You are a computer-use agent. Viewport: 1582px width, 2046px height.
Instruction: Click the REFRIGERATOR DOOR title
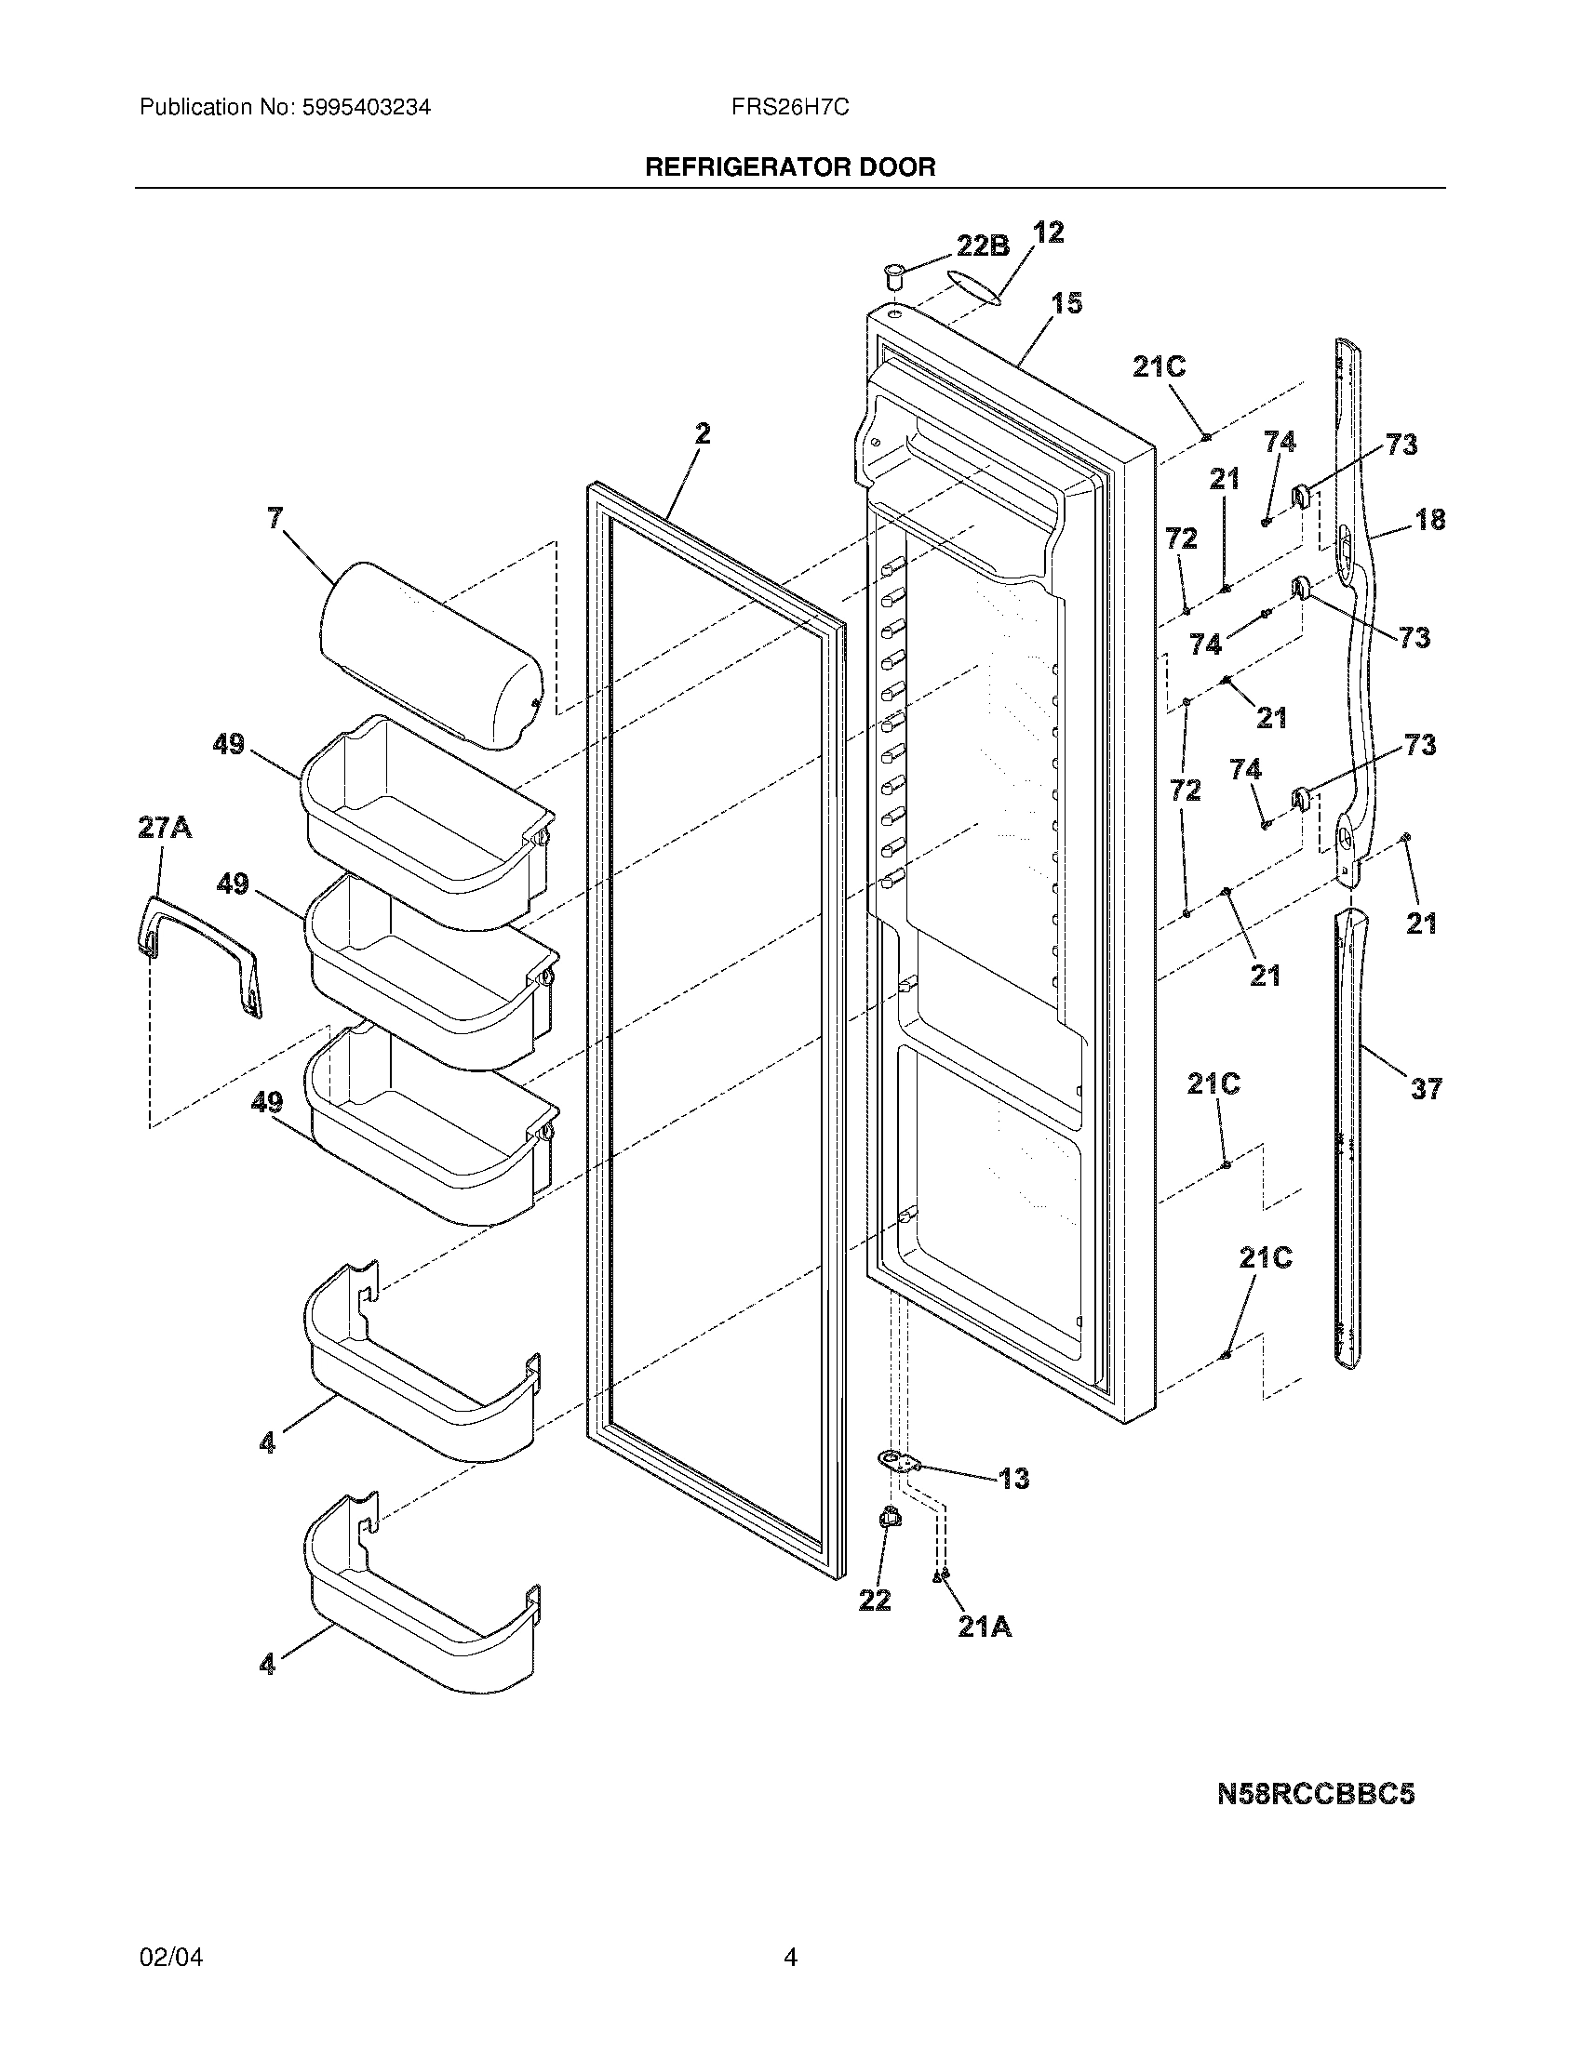click(x=790, y=167)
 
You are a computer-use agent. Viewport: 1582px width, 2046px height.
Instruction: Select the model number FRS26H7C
click(x=790, y=108)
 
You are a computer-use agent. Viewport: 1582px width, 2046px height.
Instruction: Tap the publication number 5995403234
click(x=366, y=108)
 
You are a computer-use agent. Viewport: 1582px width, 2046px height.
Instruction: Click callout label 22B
click(x=982, y=246)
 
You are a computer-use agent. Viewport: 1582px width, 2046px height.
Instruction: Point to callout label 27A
click(x=165, y=827)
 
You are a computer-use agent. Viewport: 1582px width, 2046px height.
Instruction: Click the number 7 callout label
click(x=275, y=518)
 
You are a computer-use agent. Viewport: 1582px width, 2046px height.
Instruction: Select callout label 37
click(x=1426, y=1089)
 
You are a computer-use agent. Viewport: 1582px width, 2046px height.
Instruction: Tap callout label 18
click(x=1430, y=519)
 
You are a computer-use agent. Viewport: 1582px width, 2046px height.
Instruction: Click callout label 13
click(x=1013, y=1479)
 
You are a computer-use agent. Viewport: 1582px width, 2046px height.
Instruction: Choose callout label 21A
click(x=984, y=1627)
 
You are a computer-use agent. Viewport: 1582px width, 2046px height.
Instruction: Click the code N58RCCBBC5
click(x=1315, y=1794)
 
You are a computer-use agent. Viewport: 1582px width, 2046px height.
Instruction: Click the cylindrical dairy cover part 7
click(x=431, y=656)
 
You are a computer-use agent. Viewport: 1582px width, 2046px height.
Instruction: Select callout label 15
click(x=1066, y=303)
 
